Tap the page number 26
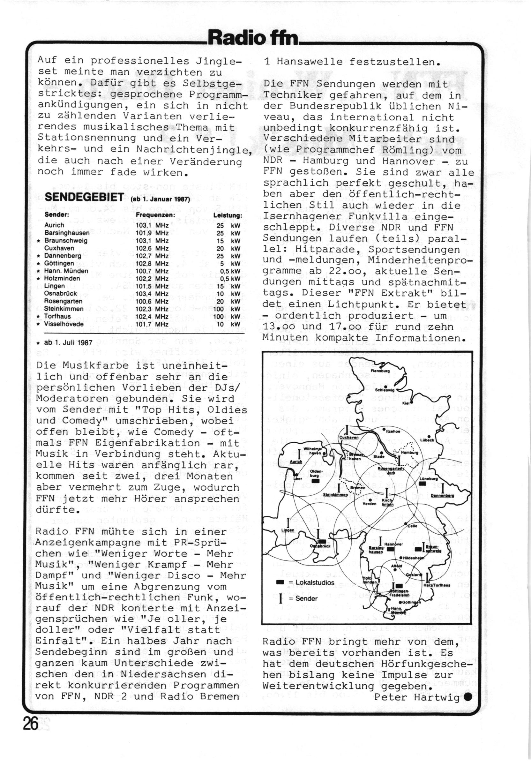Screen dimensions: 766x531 [31, 732]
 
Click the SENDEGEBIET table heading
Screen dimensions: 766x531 [85, 197]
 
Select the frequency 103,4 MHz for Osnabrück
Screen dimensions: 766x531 [152, 294]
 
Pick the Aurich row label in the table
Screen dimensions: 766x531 [54, 225]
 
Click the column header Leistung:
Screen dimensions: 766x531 [228, 215]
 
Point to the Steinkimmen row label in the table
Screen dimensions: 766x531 [64, 309]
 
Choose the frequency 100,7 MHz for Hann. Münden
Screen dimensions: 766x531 [152, 271]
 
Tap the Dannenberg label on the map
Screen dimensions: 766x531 [442, 495]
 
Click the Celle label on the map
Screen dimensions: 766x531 [412, 526]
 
